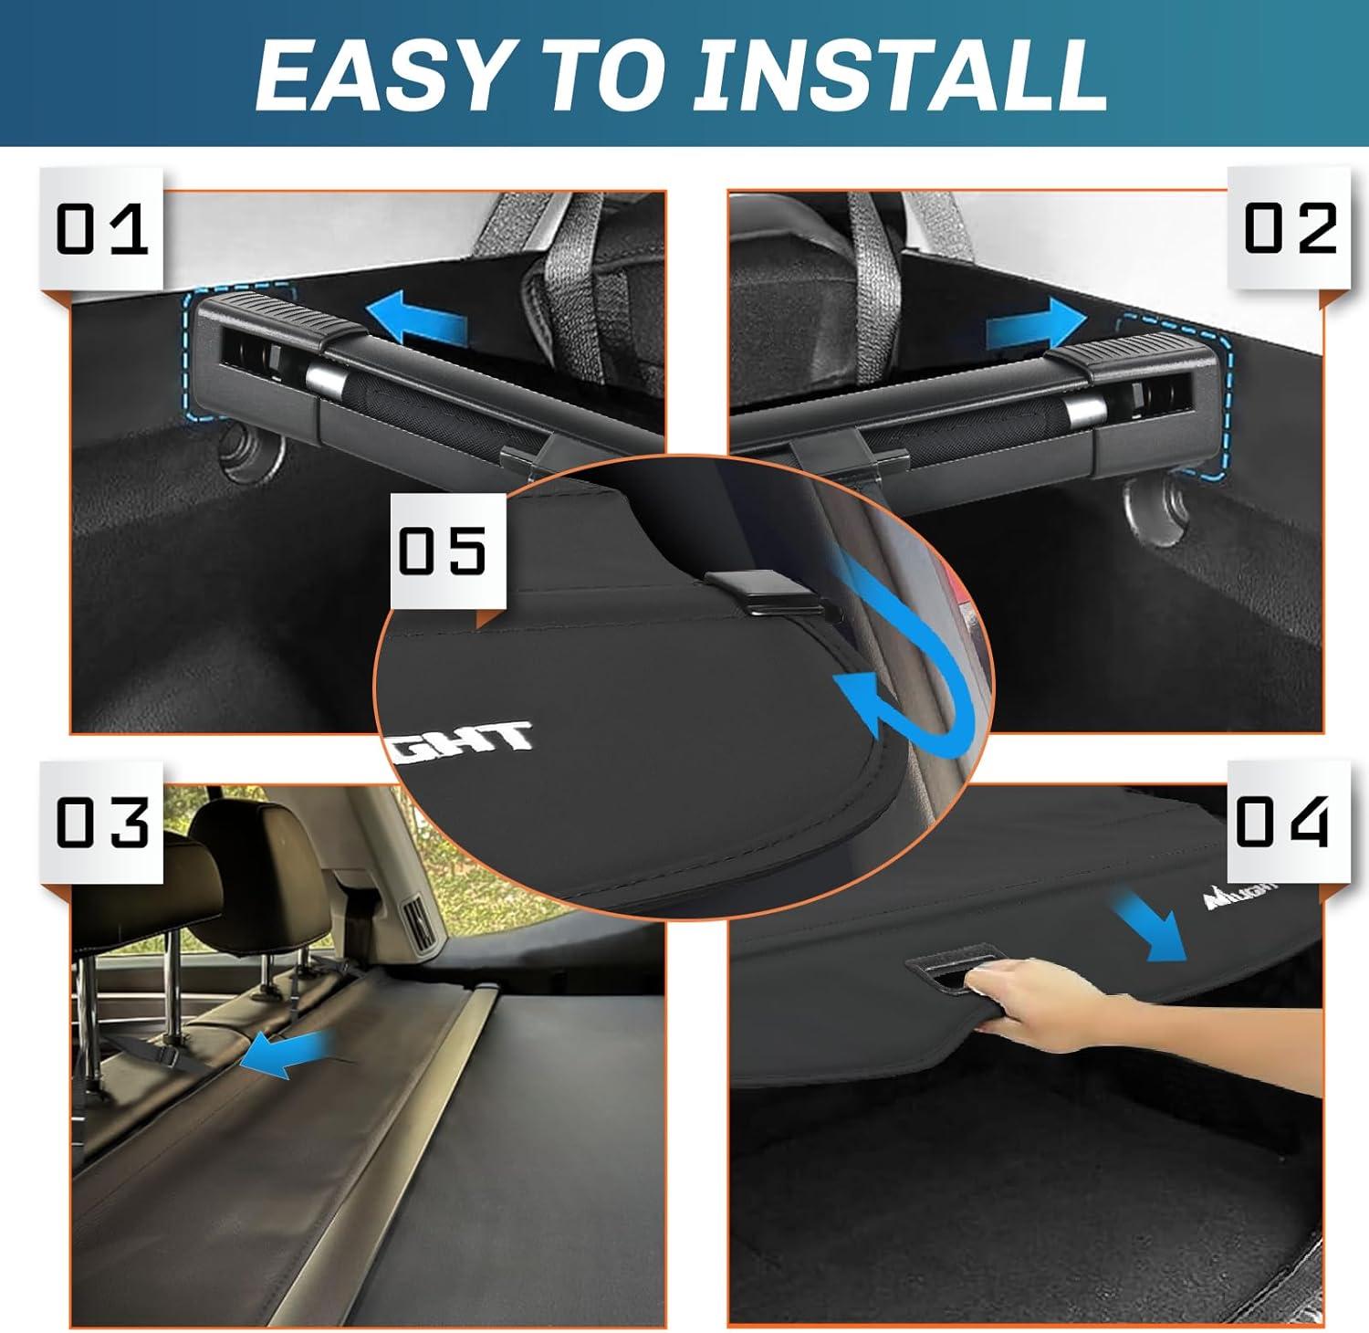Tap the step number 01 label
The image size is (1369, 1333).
(101, 229)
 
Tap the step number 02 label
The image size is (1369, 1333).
(1290, 228)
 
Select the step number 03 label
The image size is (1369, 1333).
(101, 822)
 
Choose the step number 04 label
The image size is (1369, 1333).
(1281, 821)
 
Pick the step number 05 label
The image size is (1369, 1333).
(444, 550)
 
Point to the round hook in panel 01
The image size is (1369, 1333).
(246, 456)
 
